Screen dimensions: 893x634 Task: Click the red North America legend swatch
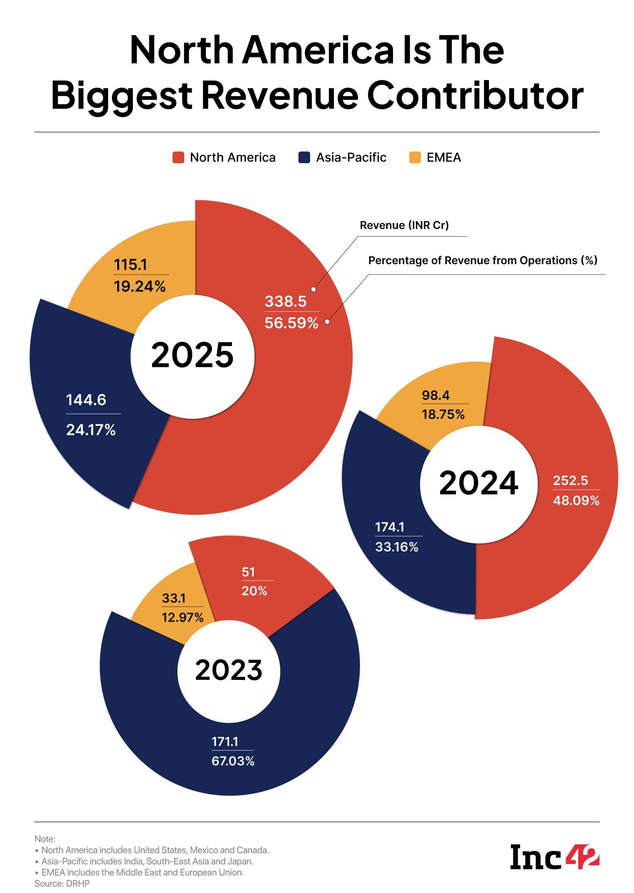(x=178, y=158)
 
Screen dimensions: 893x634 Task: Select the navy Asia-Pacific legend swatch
(x=304, y=158)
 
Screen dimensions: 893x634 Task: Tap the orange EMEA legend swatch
(x=415, y=158)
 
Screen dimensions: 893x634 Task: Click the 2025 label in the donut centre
(x=192, y=355)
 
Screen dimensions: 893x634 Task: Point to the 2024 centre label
(x=478, y=483)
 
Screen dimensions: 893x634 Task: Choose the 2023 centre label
(x=229, y=670)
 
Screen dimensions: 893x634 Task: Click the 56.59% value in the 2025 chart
(x=292, y=323)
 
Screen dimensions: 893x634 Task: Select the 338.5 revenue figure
(x=286, y=301)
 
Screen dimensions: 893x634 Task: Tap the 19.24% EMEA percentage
(x=140, y=287)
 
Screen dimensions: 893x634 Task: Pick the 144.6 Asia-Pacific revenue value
(x=86, y=400)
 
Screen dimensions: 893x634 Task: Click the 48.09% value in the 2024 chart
(x=576, y=500)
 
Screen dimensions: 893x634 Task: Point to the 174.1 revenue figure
(x=390, y=527)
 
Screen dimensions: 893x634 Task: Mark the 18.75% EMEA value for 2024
(x=443, y=414)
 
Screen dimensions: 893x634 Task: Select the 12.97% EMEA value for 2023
(x=183, y=618)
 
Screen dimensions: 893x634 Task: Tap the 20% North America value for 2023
(x=254, y=591)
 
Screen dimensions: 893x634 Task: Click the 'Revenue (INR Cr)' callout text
(x=404, y=225)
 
